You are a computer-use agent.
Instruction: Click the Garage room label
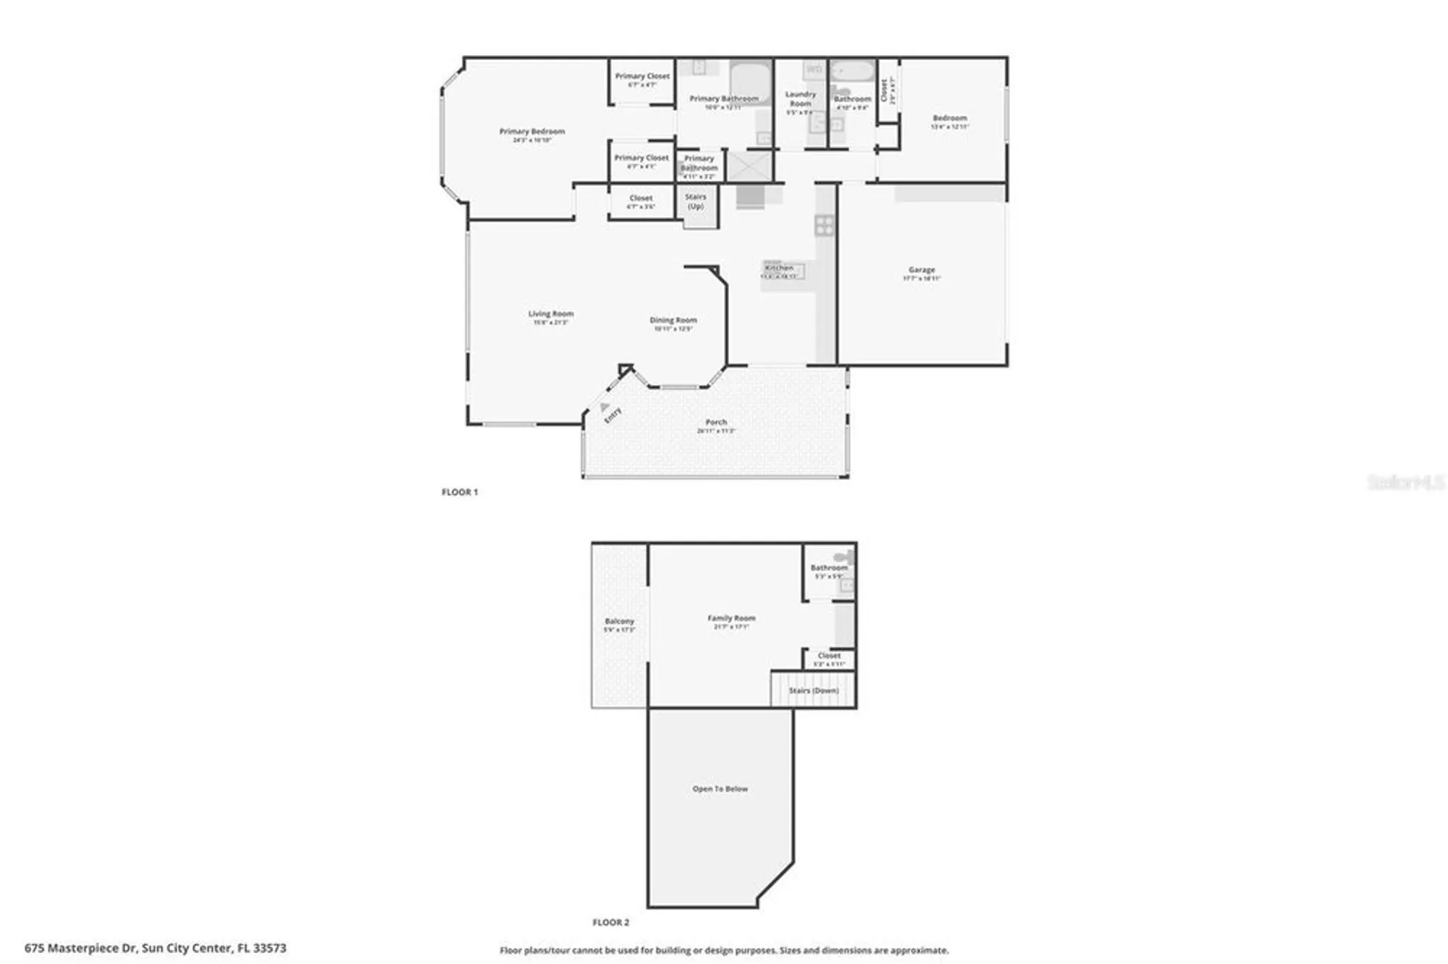(x=921, y=270)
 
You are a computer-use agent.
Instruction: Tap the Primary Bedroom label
(x=531, y=132)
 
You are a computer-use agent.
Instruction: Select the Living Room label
(x=550, y=314)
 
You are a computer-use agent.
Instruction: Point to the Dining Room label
(x=673, y=320)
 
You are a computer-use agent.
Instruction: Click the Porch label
(x=715, y=422)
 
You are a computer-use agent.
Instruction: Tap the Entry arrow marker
(x=605, y=407)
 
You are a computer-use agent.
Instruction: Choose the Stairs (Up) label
(x=695, y=201)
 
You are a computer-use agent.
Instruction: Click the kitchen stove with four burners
(x=824, y=225)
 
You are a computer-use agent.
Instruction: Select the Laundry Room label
(x=800, y=99)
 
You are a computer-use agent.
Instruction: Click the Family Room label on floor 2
(x=731, y=618)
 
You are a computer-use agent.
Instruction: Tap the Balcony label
(x=619, y=621)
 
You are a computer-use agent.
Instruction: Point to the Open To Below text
(x=720, y=789)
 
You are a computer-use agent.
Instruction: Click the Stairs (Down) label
(x=813, y=690)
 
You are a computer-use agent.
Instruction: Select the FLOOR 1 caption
(x=460, y=492)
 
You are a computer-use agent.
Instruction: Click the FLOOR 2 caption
(x=610, y=922)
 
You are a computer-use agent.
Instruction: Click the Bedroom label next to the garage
(x=949, y=118)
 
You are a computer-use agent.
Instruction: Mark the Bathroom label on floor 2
(x=828, y=568)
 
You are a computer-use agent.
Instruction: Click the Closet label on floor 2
(x=829, y=656)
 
